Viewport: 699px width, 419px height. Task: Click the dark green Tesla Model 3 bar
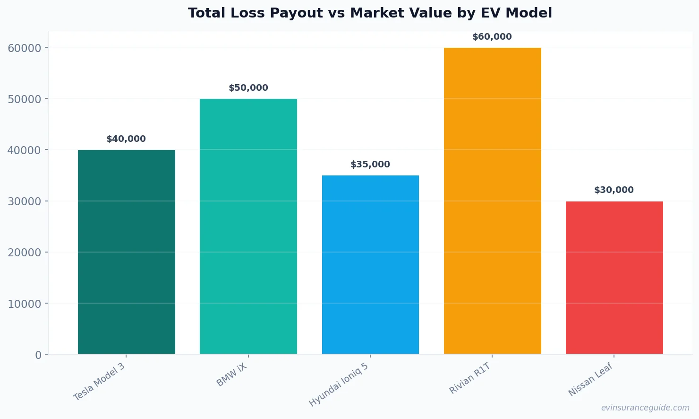coord(126,252)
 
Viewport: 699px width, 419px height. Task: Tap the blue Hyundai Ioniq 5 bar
coord(370,264)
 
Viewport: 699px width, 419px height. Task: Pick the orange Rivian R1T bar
coord(492,201)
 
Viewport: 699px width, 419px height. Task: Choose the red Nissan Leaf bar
coord(614,277)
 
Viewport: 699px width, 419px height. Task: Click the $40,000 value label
coord(126,139)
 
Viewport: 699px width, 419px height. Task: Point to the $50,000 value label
coord(248,88)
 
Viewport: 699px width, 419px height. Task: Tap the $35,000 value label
coord(370,165)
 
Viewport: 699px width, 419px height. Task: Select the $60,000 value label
coord(492,37)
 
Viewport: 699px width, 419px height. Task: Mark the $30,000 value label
coord(614,190)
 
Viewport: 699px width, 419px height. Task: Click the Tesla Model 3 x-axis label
coord(100,382)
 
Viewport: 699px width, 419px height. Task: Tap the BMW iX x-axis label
coord(232,375)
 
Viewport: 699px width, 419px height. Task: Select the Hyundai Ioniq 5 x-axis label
coord(339,384)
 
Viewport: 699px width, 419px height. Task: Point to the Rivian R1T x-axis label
coord(470,378)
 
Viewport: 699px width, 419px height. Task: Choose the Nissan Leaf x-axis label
coord(590,379)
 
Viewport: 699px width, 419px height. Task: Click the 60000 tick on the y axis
coord(25,48)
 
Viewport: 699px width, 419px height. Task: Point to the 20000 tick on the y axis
coord(25,253)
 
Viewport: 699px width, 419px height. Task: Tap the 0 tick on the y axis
coord(38,355)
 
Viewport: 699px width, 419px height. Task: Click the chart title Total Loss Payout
coord(370,13)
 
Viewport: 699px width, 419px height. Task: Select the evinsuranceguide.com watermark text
coord(645,408)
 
